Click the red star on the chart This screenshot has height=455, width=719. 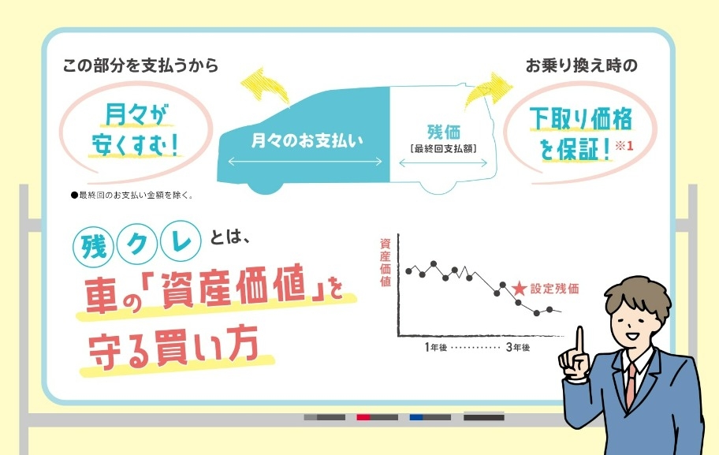(x=519, y=289)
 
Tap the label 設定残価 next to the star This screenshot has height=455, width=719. (x=554, y=289)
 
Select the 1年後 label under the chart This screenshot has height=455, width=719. (x=436, y=347)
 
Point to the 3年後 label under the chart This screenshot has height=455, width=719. (x=518, y=347)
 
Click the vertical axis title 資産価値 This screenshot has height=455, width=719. (x=386, y=263)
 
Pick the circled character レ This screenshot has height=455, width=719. (x=181, y=241)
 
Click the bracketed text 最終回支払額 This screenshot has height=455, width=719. (x=443, y=148)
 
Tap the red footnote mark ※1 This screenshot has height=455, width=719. (x=624, y=146)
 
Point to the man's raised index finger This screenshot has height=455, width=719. (x=580, y=342)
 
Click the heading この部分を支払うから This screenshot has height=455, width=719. (x=141, y=65)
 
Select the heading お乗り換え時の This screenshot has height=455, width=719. (x=582, y=65)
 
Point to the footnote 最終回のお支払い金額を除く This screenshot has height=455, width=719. (x=132, y=196)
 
